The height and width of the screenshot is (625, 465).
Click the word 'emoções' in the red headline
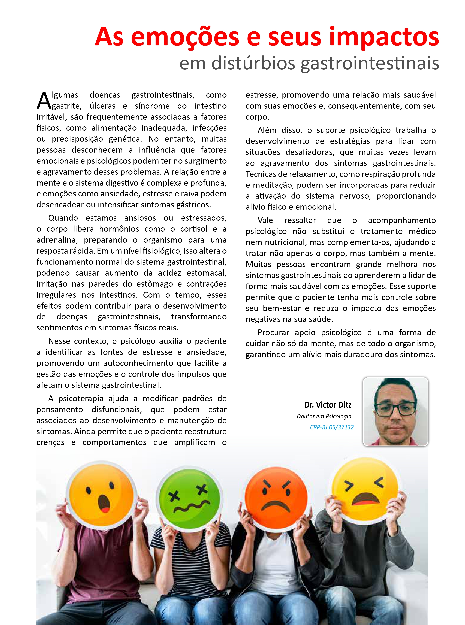click(185, 37)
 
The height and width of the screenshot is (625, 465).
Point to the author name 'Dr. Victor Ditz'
click(328, 405)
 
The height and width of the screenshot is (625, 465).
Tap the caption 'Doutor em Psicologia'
click(324, 416)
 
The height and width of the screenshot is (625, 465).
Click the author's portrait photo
click(395, 412)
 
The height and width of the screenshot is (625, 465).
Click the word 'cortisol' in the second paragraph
click(194, 229)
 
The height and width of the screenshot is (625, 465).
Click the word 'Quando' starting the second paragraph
click(63, 218)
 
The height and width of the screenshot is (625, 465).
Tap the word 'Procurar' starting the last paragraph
click(273, 332)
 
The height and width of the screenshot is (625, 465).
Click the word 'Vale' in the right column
click(265, 220)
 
